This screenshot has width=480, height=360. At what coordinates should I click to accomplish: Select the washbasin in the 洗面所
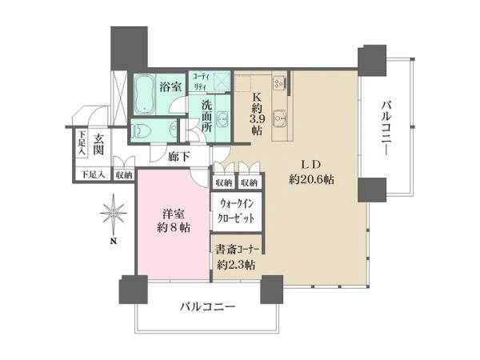pos(223,118)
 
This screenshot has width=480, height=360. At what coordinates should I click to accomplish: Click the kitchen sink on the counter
pos(279,118)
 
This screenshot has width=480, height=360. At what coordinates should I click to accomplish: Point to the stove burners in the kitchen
pos(279,83)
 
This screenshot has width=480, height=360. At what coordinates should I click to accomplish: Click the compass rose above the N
pos(114,213)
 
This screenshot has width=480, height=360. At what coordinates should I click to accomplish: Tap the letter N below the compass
pos(114,241)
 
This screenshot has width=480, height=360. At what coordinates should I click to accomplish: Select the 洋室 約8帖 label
pos(174,221)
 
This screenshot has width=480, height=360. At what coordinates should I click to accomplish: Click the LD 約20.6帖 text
pos(312,172)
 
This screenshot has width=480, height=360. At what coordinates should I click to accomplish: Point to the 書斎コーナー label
pos(238,250)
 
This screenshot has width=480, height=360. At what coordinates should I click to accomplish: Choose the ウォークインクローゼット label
pos(236,211)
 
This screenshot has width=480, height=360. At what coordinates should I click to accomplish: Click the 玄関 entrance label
pos(98,144)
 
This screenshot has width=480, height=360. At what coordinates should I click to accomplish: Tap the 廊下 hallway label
pos(179,157)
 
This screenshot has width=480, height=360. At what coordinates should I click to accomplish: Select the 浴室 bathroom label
pos(170,86)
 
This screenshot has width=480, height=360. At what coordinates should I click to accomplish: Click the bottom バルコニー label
pos(207,306)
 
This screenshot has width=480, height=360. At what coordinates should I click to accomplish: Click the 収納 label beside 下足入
pos(124,175)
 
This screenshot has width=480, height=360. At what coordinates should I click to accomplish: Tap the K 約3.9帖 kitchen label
pos(257,114)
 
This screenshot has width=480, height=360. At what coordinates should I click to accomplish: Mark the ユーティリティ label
pos(200,81)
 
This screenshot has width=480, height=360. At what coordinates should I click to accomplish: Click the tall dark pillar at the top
pos(129,49)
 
